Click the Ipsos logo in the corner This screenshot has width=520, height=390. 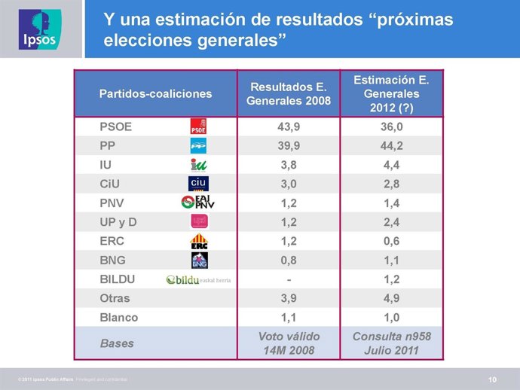40,29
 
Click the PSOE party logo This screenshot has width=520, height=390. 198,126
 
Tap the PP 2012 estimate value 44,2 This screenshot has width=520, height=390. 391,145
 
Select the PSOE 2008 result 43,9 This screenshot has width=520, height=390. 289,126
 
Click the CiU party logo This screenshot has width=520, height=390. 198,183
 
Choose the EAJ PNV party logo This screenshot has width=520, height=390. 198,203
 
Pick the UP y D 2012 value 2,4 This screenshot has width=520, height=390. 391,222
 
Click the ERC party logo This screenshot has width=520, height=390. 199,241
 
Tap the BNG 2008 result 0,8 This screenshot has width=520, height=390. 289,261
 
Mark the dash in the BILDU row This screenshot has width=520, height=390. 289,279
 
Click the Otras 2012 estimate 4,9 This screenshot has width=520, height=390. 391,299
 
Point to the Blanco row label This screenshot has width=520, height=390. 118,318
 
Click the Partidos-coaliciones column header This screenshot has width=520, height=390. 155,94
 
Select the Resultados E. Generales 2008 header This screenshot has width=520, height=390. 289,94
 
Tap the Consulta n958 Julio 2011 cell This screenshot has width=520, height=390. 391,343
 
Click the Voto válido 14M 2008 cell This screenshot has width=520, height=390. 289,343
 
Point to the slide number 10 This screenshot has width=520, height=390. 492,378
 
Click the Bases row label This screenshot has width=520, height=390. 116,343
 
